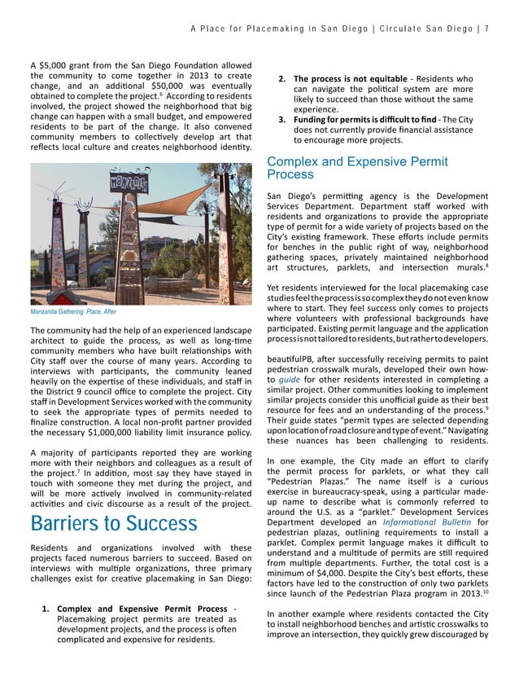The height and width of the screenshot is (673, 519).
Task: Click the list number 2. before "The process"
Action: (281, 78)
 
